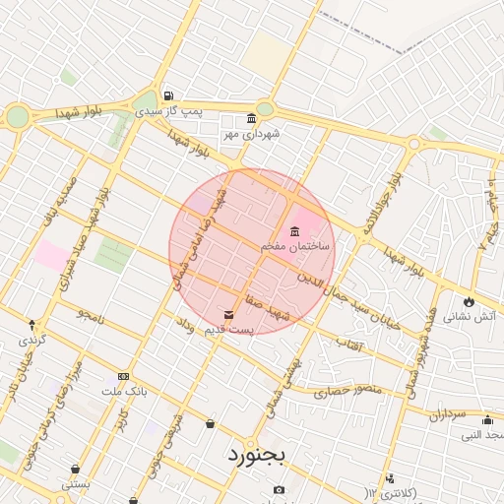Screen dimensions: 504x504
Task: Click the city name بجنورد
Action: click(x=255, y=455)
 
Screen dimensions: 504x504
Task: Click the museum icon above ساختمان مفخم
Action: click(x=295, y=230)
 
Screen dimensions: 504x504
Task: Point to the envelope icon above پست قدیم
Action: click(x=229, y=315)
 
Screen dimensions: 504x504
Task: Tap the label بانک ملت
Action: click(x=124, y=391)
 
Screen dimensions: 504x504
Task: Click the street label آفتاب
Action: click(x=350, y=343)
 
